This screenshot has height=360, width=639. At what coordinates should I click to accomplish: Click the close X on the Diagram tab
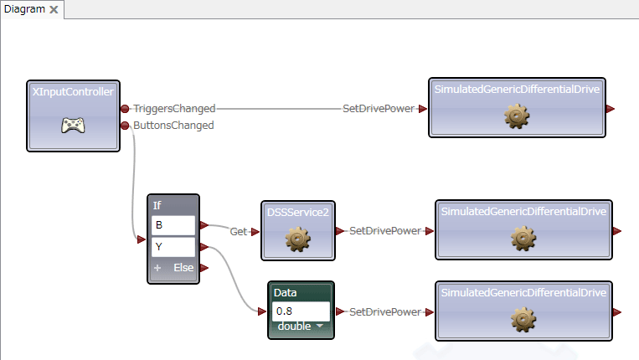[x=54, y=9]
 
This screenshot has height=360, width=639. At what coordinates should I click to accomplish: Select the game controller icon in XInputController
[x=74, y=125]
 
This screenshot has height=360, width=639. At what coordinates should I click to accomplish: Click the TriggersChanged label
[x=174, y=109]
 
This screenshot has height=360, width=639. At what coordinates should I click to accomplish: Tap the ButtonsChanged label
[x=173, y=126]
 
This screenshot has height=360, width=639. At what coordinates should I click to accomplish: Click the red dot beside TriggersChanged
[x=125, y=109]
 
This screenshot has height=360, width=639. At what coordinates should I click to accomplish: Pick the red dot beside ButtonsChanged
[x=125, y=126]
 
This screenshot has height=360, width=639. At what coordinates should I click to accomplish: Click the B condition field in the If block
[x=173, y=225]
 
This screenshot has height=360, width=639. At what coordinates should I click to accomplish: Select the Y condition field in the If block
[x=173, y=247]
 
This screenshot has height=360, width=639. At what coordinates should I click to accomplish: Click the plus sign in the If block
[x=157, y=268]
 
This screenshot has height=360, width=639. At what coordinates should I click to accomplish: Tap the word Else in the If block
[x=183, y=268]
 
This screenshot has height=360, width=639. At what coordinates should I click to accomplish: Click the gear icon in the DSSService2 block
[x=298, y=239]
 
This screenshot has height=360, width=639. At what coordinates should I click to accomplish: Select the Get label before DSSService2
[x=239, y=232]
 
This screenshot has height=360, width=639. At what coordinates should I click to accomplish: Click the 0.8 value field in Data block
[x=301, y=311]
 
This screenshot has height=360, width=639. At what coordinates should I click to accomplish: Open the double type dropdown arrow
[x=320, y=326]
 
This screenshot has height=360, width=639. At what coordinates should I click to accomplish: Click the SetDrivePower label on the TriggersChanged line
[x=379, y=109]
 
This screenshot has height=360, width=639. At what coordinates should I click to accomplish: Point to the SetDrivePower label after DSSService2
[x=385, y=231]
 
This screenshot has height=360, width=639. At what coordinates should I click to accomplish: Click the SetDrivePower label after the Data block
[x=385, y=312]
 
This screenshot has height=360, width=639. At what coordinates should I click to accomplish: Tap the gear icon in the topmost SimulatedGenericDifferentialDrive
[x=517, y=116]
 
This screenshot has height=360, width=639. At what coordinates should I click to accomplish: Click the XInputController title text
[x=73, y=92]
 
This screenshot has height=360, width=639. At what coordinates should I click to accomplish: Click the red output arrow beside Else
[x=204, y=268]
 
